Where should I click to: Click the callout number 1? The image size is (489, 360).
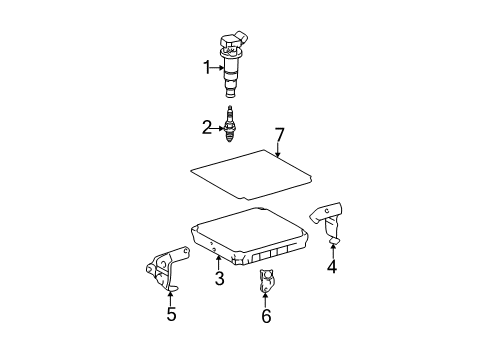207,68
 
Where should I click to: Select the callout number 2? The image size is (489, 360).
207,127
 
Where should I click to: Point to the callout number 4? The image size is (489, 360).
332,267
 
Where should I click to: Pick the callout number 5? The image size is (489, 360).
170,315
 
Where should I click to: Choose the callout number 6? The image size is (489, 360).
266,317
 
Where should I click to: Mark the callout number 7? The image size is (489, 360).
280,133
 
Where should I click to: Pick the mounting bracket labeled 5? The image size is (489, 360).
164,270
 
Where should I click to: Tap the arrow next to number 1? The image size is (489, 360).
218,68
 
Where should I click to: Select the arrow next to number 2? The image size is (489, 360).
218,127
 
